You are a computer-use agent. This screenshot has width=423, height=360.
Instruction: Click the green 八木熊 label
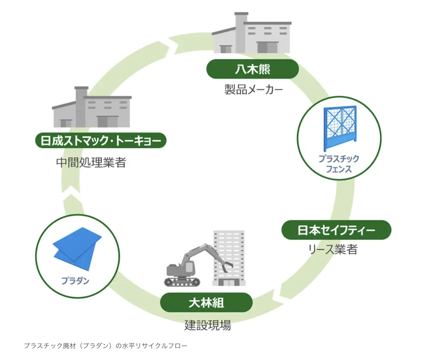click(252, 69)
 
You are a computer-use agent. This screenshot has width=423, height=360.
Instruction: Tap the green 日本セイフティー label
click(336, 230)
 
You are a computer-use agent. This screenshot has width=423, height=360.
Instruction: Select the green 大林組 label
click(206, 303)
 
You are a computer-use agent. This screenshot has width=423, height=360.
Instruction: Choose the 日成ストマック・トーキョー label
click(101, 141)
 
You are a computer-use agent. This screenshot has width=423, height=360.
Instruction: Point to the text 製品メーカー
click(253, 90)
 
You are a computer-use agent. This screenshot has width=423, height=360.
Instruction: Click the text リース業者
click(333, 250)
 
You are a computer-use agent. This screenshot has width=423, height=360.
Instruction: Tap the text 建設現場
click(208, 325)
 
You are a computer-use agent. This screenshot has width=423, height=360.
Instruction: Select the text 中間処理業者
click(91, 163)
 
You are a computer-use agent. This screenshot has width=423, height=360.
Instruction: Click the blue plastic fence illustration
click(340, 128)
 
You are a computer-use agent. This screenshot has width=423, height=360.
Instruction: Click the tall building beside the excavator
click(229, 258)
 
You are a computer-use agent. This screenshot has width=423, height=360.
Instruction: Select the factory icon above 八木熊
click(252, 33)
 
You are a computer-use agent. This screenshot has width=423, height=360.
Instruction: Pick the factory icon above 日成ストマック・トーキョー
click(92, 107)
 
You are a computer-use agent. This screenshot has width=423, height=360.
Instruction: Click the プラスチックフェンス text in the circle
click(339, 164)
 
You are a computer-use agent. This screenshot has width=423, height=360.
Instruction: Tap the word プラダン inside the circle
click(75, 281)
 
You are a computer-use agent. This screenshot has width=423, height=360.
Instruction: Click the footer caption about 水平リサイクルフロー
click(106, 346)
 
